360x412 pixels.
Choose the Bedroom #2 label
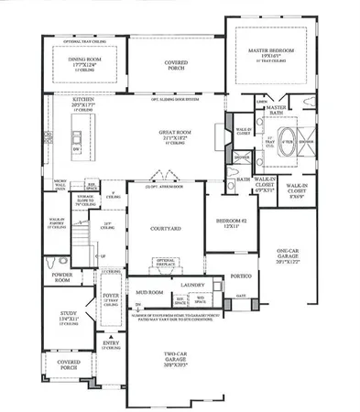(228, 225)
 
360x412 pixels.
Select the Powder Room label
(62, 278)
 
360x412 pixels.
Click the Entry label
(110, 345)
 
